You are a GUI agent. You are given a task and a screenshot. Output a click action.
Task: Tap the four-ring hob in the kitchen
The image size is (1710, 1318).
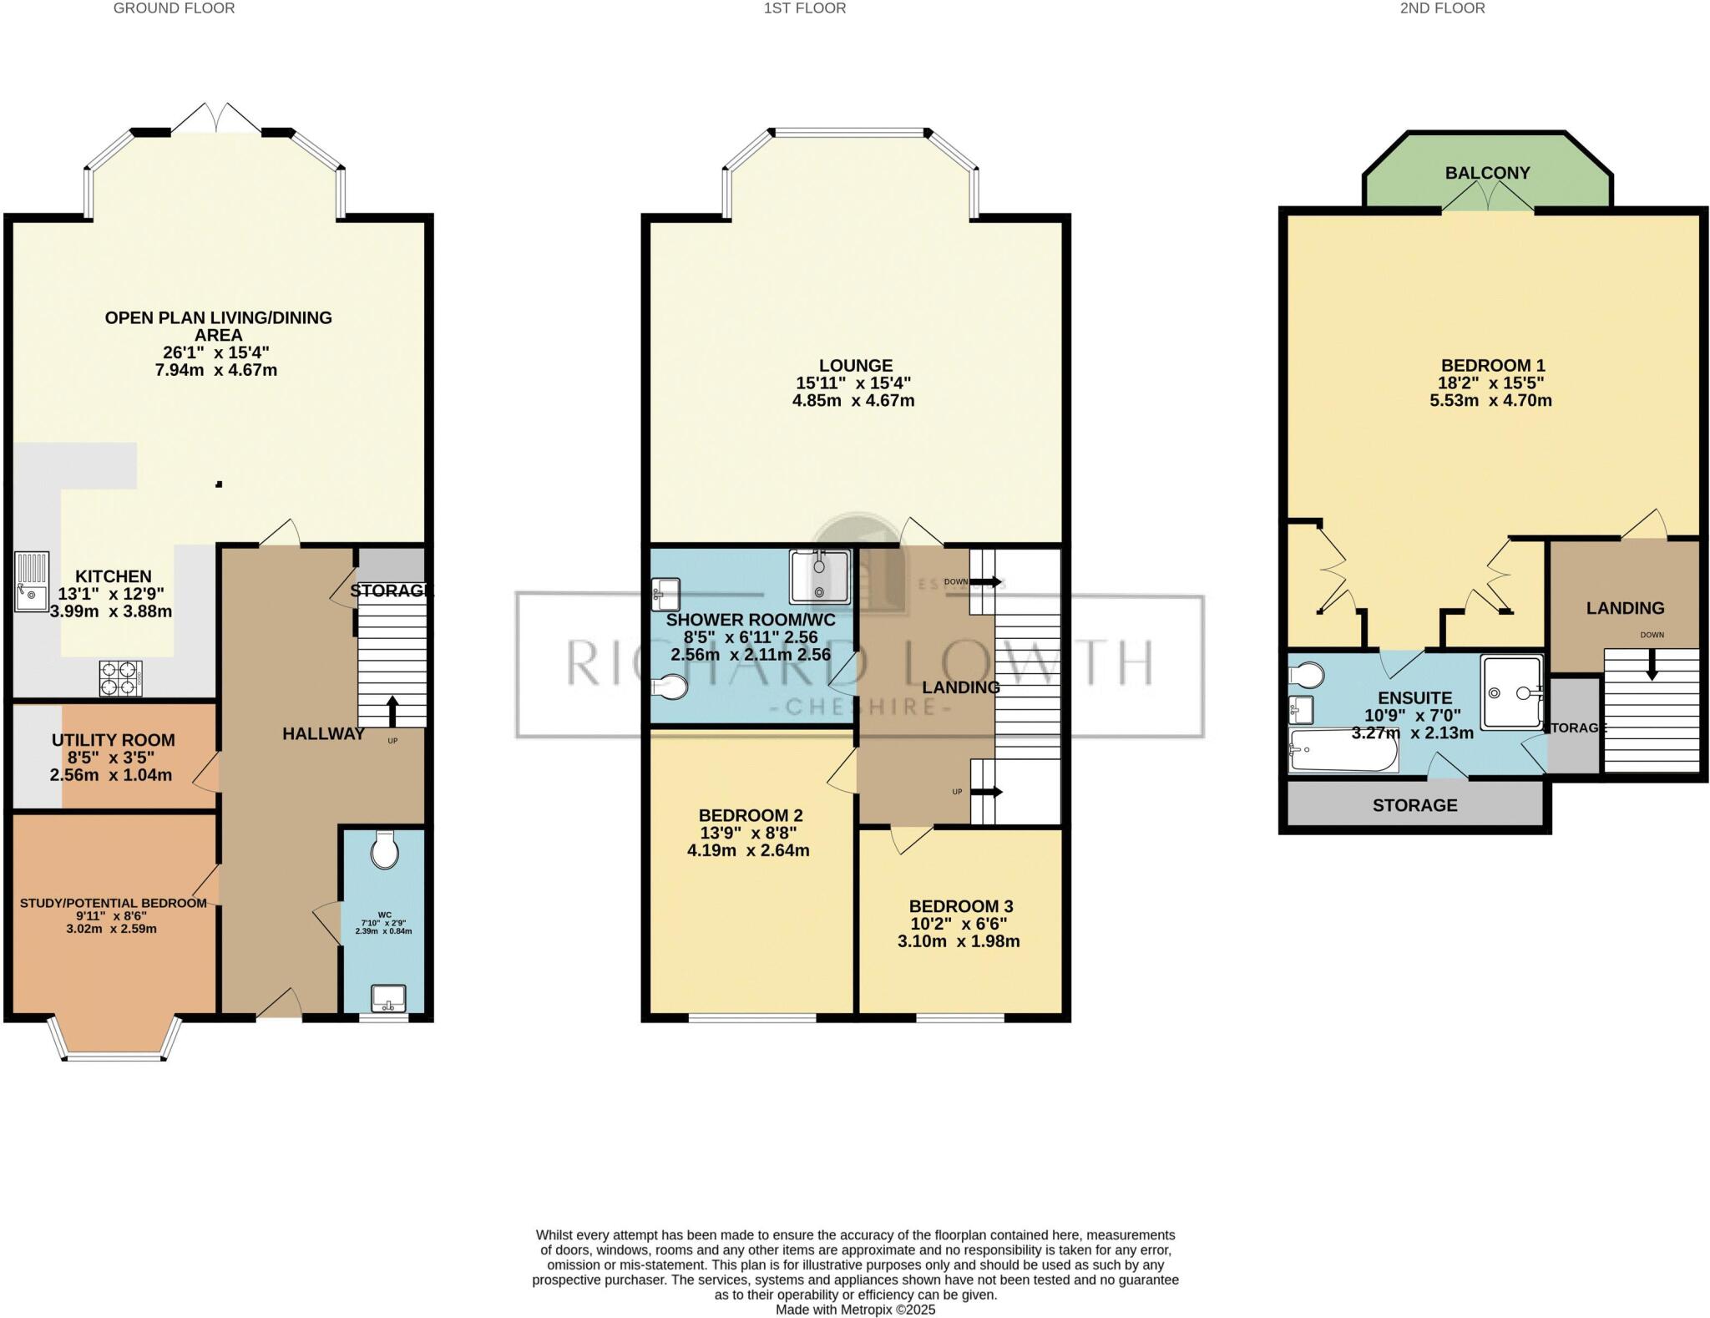[x=119, y=678]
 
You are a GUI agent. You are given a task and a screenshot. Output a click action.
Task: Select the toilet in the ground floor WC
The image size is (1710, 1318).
[x=385, y=850]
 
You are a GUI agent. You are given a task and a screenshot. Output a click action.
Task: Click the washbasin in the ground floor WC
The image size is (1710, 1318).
[x=388, y=997]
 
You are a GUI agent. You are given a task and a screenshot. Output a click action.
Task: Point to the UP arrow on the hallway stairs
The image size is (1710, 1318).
[x=392, y=711]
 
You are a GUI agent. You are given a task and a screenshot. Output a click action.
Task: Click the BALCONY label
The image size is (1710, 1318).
[x=1487, y=173]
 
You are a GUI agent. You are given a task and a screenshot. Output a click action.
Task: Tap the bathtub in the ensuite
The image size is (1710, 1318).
[x=1343, y=750]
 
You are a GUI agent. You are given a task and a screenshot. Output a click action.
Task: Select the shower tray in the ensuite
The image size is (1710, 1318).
[x=1511, y=692]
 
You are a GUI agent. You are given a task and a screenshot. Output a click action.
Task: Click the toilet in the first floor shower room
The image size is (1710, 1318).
[x=671, y=687]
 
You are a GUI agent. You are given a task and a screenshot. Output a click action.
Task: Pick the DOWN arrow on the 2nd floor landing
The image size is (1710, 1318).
[x=1651, y=663]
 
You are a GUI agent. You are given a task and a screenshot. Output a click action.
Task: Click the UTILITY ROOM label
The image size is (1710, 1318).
[x=114, y=740]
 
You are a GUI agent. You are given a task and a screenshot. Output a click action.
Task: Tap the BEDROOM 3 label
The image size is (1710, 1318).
[x=960, y=906]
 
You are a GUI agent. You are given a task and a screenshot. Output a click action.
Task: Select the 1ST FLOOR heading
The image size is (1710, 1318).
[x=804, y=8]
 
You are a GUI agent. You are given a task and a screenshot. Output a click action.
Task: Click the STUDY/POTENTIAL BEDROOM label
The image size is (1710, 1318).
[x=113, y=903]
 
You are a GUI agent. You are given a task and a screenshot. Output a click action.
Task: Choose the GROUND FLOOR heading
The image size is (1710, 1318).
[x=174, y=8]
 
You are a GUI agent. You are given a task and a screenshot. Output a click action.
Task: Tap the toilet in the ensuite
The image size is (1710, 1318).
[x=1305, y=674]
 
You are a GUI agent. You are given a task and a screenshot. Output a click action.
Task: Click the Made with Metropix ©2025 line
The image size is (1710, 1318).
[x=855, y=1310]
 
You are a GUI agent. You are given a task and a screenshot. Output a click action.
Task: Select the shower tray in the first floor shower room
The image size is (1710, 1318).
[x=820, y=575]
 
